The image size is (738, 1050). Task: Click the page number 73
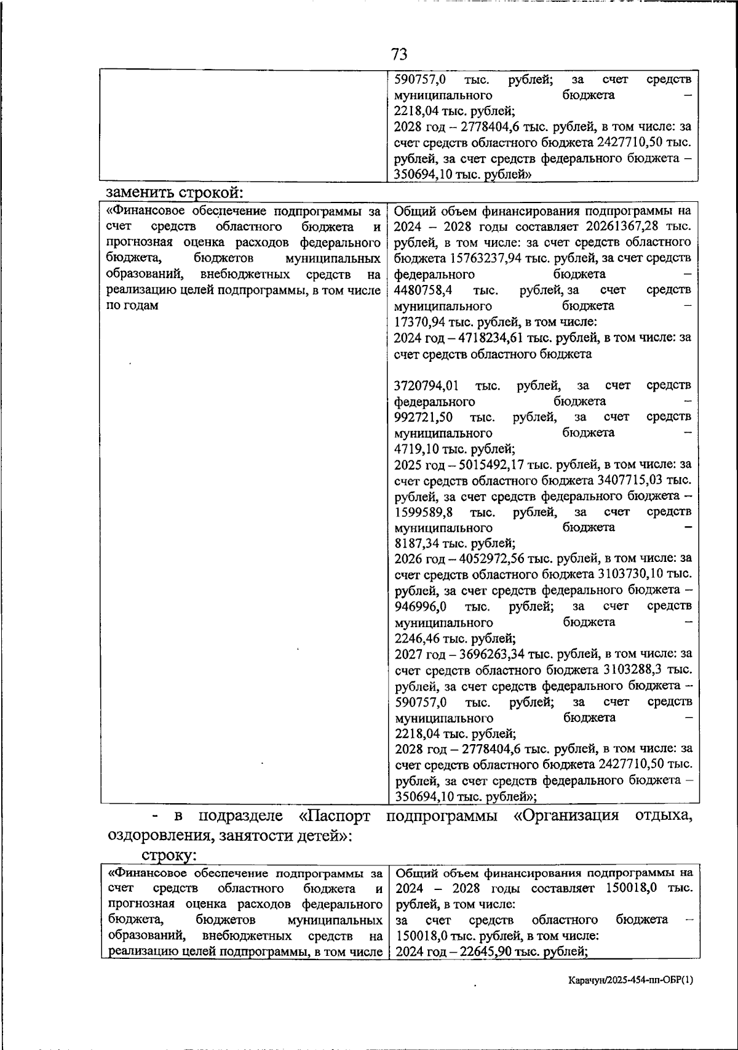(399, 54)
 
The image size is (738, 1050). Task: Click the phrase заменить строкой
(174, 192)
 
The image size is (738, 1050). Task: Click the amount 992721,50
(425, 417)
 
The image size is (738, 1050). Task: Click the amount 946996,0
(421, 606)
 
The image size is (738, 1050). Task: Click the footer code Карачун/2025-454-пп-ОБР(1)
(630, 980)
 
